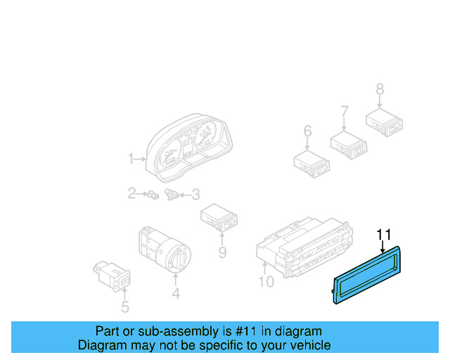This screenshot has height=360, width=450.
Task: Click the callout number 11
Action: click(x=383, y=234)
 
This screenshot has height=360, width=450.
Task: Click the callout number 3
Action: click(x=195, y=194)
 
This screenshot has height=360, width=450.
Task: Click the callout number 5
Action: click(x=125, y=307)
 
